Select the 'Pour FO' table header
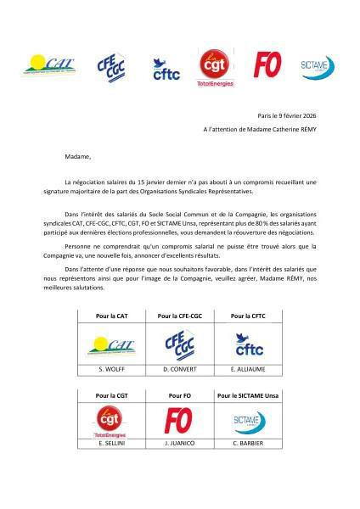coord(180,395)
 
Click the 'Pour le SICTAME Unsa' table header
coord(248,395)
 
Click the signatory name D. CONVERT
coord(181,370)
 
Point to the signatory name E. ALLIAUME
coord(248,370)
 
